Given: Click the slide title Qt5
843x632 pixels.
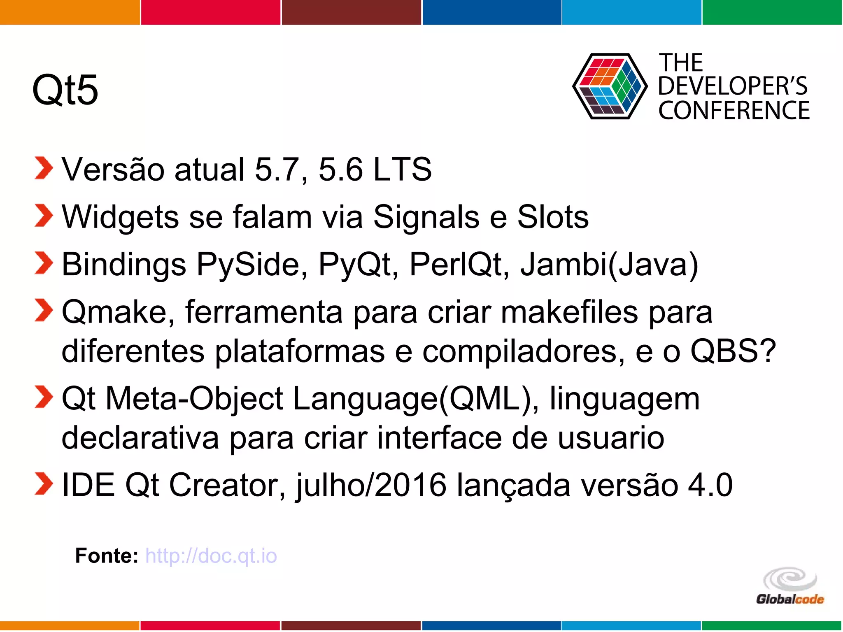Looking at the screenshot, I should (65, 90).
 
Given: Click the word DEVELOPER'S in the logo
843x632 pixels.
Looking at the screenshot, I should (733, 86).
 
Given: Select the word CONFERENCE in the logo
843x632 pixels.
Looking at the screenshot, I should (734, 111).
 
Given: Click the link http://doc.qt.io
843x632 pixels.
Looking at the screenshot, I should (211, 556).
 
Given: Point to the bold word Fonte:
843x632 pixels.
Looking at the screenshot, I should (107, 556).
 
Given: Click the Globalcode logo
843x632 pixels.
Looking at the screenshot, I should (790, 586).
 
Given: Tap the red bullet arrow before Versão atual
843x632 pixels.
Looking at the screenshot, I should (44, 168).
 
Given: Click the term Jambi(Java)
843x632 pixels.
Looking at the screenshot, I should (609, 265).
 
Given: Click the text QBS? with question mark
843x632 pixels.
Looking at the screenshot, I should (733, 351).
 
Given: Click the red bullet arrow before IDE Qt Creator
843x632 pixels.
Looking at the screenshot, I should (44, 484).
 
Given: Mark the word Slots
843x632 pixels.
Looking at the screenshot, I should (552, 217).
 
